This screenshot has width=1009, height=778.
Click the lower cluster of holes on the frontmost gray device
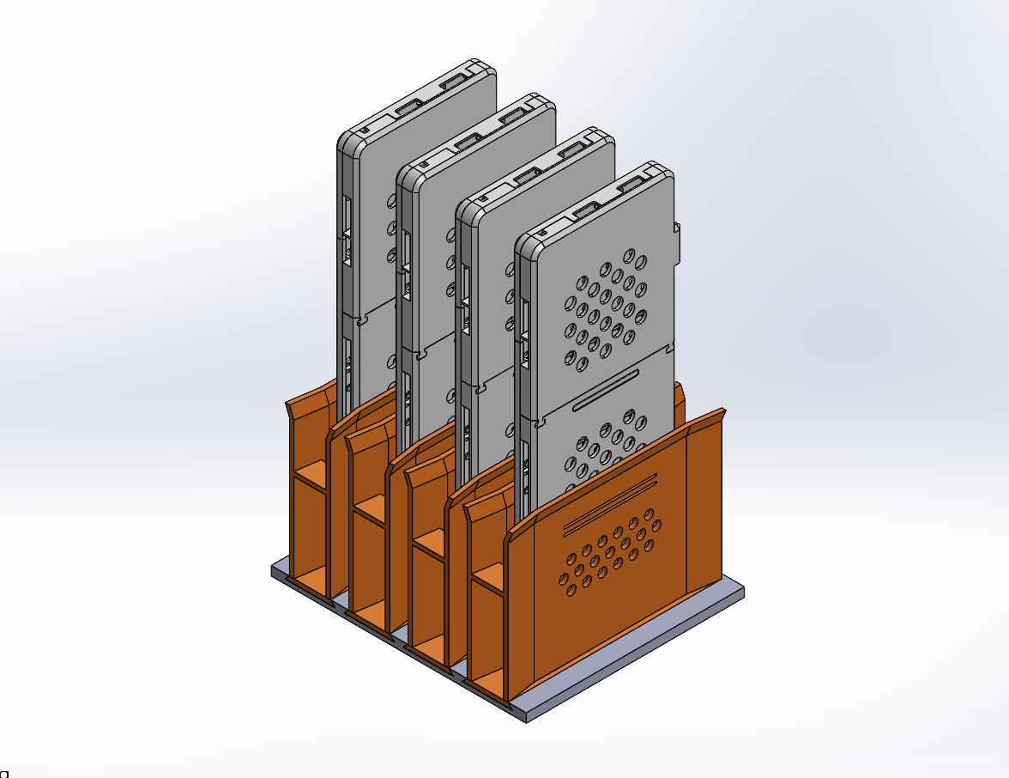605,447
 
